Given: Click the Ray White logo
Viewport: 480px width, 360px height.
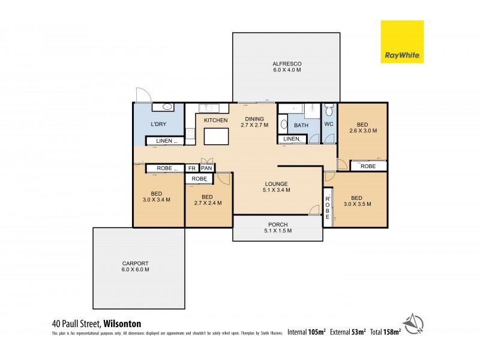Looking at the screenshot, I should [x=402, y=41].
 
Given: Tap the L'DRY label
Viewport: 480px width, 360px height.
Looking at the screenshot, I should [x=158, y=124].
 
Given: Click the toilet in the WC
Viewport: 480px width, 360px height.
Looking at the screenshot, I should [x=328, y=111].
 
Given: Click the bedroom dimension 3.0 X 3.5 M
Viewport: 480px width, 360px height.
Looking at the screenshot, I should [x=356, y=204].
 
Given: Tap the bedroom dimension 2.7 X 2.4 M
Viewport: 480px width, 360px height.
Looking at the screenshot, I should [x=208, y=203].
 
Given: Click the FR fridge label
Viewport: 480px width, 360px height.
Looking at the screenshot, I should [x=192, y=169].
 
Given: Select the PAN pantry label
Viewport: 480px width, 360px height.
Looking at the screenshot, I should [x=207, y=169].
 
